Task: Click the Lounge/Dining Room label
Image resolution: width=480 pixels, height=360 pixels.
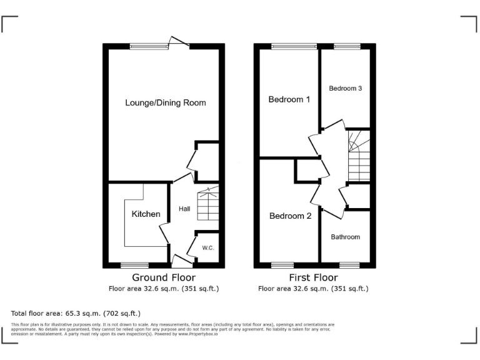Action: tap(165, 102)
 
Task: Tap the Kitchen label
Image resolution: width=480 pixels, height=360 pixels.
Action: tap(146, 214)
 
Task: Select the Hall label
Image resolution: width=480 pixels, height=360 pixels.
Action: tap(184, 209)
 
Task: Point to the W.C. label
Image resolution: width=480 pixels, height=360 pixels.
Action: tap(208, 248)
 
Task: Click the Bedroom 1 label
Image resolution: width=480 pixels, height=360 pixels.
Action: tap(289, 99)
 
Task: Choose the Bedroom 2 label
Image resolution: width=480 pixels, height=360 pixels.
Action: tap(290, 216)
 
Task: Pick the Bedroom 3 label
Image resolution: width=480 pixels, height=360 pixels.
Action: tap(346, 89)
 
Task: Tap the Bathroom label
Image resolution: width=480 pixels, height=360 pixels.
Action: tap(346, 237)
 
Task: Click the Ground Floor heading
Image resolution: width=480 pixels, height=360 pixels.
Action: tap(164, 277)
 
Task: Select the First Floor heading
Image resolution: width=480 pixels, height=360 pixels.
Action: tap(313, 277)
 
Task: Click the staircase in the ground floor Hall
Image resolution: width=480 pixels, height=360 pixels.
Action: tap(208, 204)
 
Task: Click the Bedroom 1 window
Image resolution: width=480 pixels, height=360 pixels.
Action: tap(294, 46)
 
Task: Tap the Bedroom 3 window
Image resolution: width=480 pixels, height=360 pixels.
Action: tap(347, 46)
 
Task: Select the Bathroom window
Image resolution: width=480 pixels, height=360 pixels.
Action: tap(348, 265)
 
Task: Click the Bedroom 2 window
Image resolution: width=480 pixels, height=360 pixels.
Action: tap(282, 265)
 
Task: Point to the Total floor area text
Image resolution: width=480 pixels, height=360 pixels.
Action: tap(76, 313)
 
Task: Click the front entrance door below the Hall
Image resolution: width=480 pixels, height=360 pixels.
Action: tap(182, 262)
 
